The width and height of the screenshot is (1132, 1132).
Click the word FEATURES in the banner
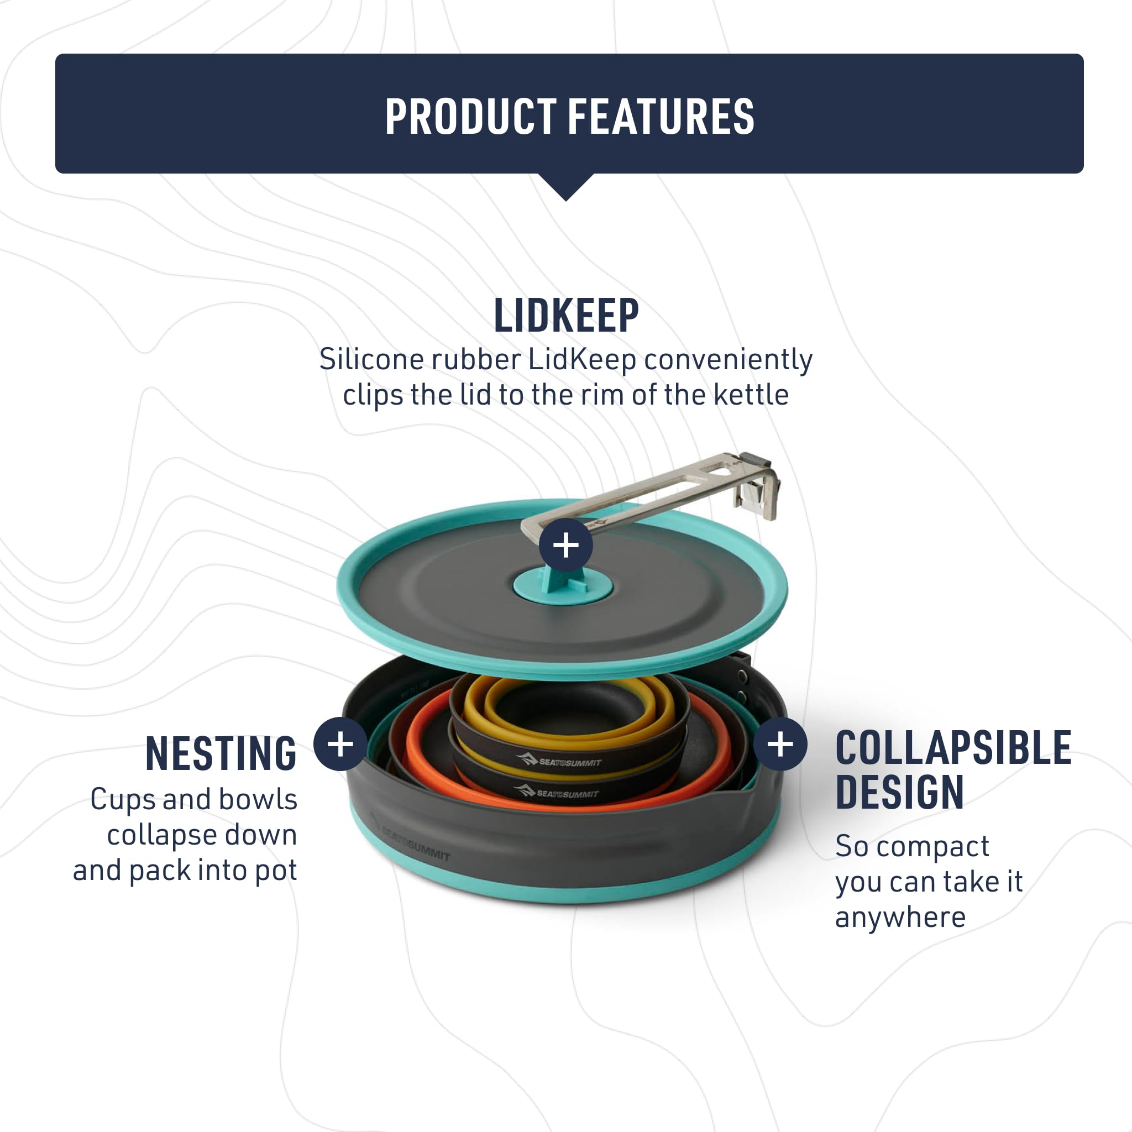click(662, 116)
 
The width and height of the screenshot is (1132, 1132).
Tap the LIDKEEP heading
click(566, 316)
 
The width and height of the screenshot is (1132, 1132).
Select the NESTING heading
click(221, 753)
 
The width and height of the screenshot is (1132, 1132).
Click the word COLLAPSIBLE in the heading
click(953, 748)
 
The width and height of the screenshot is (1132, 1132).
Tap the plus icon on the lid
click(566, 545)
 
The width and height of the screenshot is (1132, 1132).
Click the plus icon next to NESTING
click(340, 744)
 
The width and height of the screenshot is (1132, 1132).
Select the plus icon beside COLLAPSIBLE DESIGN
click(780, 744)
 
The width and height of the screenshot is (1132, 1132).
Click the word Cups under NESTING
click(123, 800)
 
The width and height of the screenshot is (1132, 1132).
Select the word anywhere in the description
click(900, 917)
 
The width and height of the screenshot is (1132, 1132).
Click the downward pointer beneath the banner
click(566, 187)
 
